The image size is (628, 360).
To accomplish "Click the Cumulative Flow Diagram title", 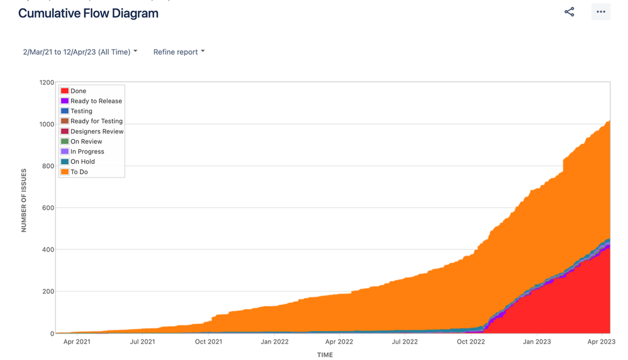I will tap(88, 13).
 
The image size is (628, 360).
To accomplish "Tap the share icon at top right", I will tap(569, 12).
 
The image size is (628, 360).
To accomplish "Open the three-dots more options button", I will tap(600, 12).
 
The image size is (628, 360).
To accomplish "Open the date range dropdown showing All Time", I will tap(80, 52).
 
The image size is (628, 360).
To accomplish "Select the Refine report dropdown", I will tap(179, 52).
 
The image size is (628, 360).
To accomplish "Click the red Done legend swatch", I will tap(65, 91).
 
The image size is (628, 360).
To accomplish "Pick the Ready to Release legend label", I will tap(96, 101).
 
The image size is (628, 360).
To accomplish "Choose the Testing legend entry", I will tap(81, 111).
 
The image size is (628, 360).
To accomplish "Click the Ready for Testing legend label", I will tap(96, 121).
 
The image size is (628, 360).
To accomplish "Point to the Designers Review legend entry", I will tap(97, 132).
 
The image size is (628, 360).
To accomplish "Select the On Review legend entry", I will tap(86, 142).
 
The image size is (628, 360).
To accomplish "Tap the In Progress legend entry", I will tap(87, 152).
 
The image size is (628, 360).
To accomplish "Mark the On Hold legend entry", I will tap(82, 162).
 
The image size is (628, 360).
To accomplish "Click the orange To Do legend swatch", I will tap(65, 172).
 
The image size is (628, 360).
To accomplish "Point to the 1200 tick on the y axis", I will tap(47, 82).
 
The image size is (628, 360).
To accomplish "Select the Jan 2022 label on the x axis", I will tap(274, 342).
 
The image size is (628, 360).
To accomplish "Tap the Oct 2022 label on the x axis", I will tap(471, 342).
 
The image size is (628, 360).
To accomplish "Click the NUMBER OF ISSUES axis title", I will tap(24, 200).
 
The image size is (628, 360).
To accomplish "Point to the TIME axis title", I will tap(325, 355).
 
